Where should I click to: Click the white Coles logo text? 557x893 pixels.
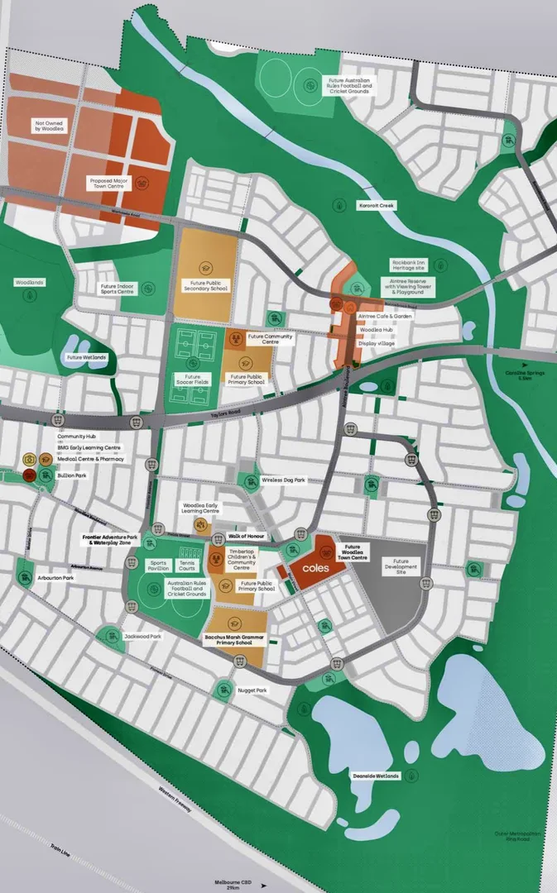tap(315, 569)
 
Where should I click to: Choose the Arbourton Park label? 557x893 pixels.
tap(55, 578)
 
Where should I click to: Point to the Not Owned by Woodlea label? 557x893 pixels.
tap(48, 126)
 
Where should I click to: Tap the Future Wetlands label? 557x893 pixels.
tap(86, 357)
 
